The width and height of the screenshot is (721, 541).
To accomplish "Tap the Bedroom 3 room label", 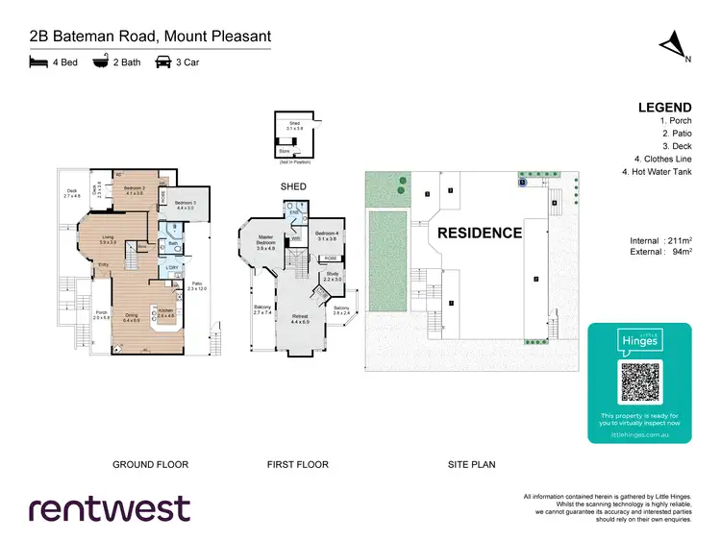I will [186, 205].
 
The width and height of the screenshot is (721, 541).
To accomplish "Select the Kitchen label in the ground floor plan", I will [164, 313].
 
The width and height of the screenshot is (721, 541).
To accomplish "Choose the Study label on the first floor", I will [332, 277].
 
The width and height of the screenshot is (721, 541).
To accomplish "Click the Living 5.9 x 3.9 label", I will [109, 239].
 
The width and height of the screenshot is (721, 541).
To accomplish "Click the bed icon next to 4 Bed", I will [38, 62].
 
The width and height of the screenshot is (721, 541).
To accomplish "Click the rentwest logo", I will [110, 509].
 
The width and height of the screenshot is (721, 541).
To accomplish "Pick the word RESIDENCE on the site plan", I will [480, 234].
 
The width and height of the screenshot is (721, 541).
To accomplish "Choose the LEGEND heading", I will [664, 108].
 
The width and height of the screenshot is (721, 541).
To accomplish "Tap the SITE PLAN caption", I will [472, 465].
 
